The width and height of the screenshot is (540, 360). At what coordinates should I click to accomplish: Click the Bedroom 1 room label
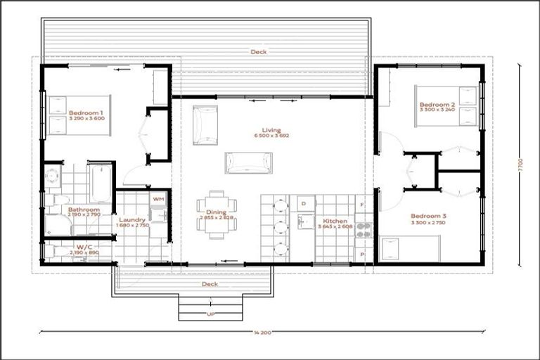[x=86, y=112]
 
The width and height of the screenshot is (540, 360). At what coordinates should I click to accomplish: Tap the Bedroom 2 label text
[x=438, y=105]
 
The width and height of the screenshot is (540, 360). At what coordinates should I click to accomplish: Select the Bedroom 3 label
[x=429, y=215]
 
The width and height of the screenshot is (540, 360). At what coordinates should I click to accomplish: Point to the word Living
[x=271, y=130]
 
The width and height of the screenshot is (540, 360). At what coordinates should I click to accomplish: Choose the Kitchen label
[x=335, y=221]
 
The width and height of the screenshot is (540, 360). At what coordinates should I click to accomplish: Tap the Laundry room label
[x=132, y=219]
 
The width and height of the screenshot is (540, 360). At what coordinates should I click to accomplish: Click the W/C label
[x=84, y=247]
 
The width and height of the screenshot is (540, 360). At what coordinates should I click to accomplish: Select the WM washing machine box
[x=158, y=199]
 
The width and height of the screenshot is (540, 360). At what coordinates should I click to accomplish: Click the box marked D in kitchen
[x=304, y=204]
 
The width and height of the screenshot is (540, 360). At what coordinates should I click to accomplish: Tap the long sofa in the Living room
[x=246, y=162]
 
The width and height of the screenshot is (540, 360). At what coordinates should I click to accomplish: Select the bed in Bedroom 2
[x=446, y=105]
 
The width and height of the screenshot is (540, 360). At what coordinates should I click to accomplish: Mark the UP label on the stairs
[x=210, y=314]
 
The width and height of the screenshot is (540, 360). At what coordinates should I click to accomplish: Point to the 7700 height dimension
[x=520, y=165]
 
